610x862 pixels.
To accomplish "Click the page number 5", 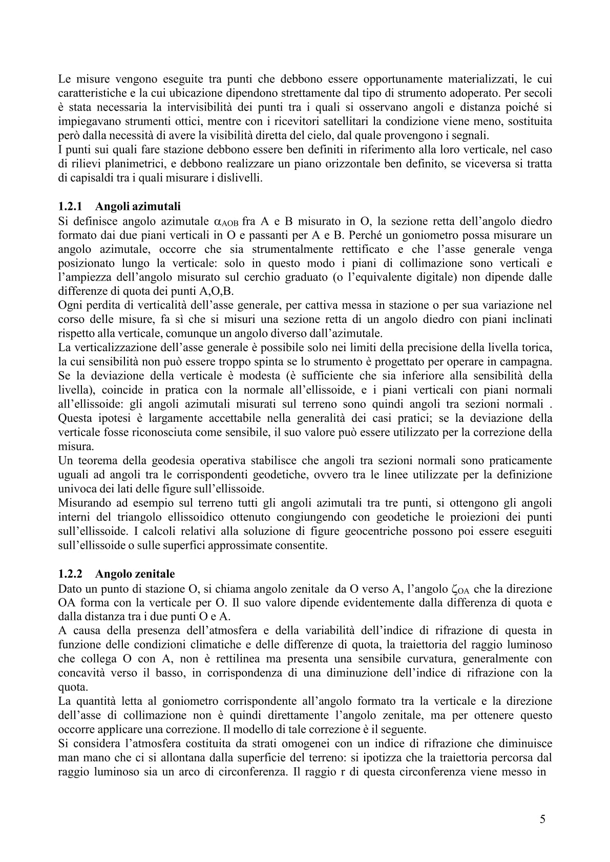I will point(542,819).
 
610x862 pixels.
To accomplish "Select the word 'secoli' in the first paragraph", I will point(538,93).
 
